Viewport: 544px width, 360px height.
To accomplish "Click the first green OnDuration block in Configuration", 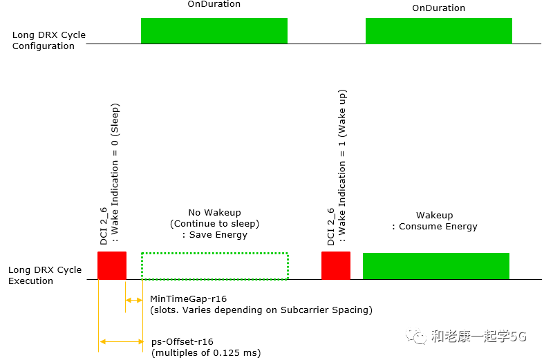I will (x=214, y=30).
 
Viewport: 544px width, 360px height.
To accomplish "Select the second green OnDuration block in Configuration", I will (x=438, y=30).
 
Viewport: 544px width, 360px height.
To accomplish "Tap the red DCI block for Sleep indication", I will (x=112, y=265).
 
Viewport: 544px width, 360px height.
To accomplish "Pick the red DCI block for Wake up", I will (x=336, y=265).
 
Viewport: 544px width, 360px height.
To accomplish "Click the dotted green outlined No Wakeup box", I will (x=214, y=266).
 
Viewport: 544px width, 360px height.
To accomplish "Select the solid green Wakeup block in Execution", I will (x=435, y=266).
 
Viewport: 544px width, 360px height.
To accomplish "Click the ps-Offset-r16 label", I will (x=182, y=341).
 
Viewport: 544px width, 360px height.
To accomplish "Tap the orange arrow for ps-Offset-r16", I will (x=121, y=341).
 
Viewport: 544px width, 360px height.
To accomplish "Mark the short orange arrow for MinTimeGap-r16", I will (x=134, y=299).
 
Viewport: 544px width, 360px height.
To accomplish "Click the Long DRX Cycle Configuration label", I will (x=46, y=40).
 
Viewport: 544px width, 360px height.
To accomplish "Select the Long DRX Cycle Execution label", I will (x=45, y=275).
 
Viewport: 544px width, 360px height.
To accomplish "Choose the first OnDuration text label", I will (x=214, y=4).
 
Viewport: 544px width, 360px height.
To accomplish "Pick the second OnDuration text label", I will (x=438, y=8).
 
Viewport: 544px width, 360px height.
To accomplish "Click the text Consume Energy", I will (x=438, y=227).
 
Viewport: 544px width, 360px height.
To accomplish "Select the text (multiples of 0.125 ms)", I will (x=206, y=353).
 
